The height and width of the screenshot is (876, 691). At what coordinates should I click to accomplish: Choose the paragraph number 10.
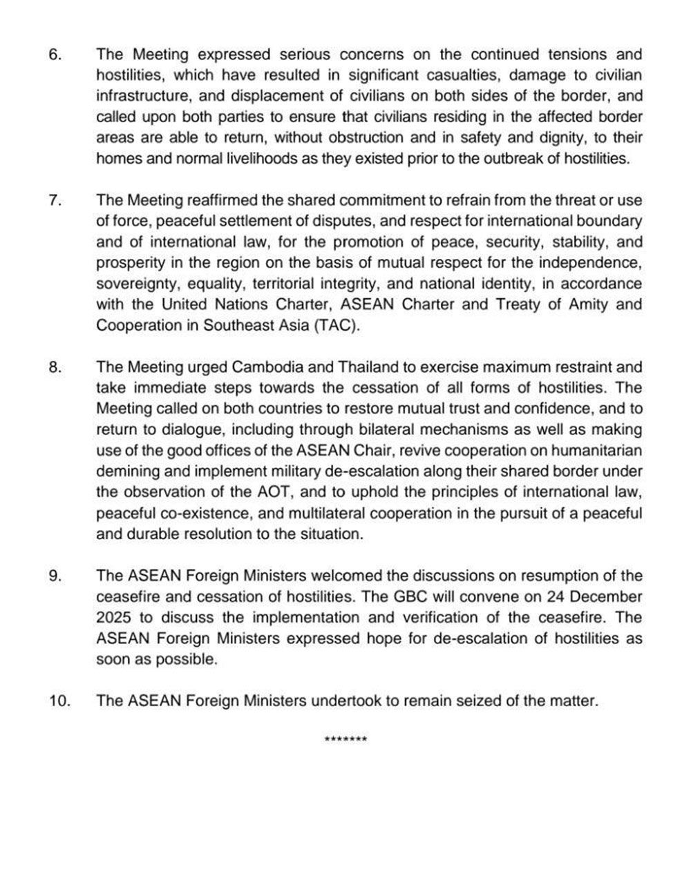click(59, 701)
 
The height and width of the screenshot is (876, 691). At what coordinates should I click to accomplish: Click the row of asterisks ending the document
click(345, 741)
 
